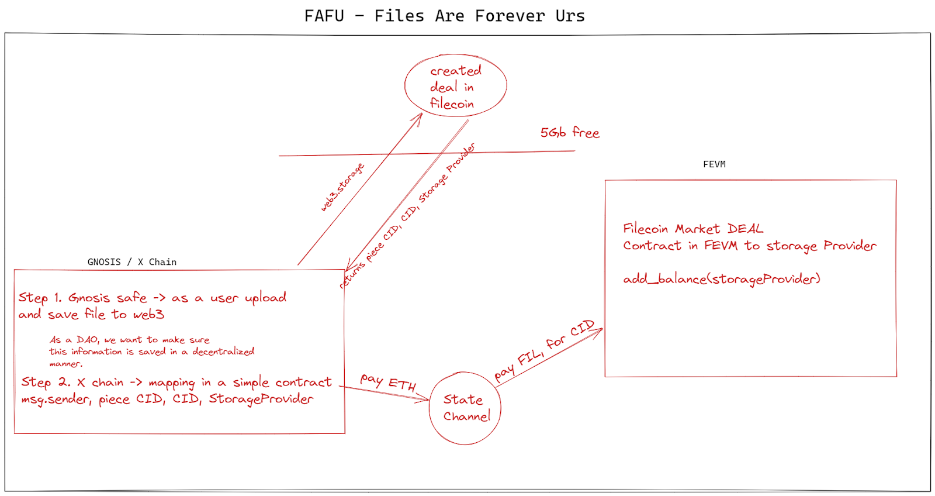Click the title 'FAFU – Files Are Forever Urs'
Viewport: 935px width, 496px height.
(445, 16)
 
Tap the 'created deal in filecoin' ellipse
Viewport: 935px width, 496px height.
(405, 85)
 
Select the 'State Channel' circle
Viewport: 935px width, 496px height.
(430, 408)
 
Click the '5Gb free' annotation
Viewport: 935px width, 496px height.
(570, 132)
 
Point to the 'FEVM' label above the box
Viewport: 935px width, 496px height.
(714, 164)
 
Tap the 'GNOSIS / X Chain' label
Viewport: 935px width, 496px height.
(132, 262)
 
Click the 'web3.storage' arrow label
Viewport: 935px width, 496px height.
(342, 187)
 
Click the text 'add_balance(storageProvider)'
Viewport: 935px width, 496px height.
(722, 279)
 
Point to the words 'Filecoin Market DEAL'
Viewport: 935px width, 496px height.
(693, 229)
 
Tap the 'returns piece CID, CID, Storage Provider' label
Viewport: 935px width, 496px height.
(407, 216)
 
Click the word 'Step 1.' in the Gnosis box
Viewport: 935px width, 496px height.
(40, 298)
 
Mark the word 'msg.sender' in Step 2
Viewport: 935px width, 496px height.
(56, 399)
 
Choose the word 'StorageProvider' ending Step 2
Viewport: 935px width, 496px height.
(261, 399)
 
